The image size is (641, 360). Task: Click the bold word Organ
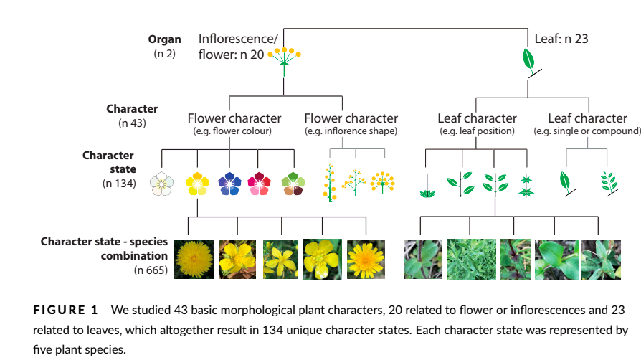164,39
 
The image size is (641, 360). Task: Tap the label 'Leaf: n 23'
561,39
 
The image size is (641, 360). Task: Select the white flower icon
162,184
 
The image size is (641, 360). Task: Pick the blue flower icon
229,184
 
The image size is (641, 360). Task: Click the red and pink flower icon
259,184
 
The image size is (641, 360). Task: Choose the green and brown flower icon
293,184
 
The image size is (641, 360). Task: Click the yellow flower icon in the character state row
196,184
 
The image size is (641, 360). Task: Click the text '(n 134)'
120,184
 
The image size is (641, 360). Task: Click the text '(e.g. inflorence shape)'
351,131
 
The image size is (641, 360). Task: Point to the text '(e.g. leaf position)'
477,131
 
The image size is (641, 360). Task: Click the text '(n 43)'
131,123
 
